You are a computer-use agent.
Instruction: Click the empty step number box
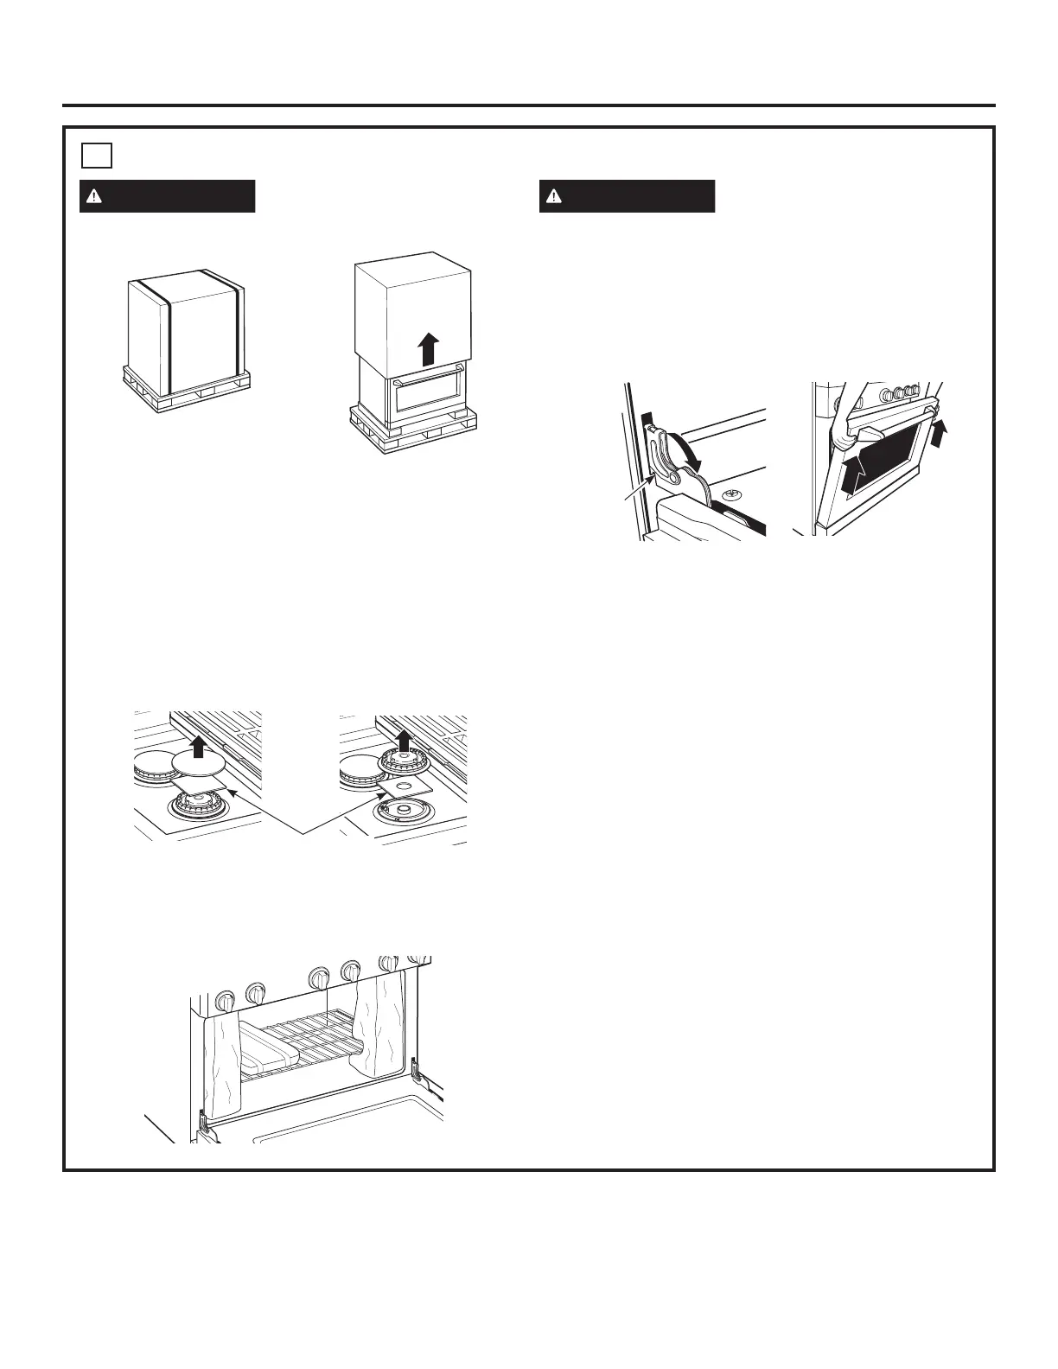[x=97, y=155]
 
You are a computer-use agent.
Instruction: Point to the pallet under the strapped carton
[x=186, y=392]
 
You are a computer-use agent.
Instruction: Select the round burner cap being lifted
[x=199, y=762]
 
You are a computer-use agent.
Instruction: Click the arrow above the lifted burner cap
[x=199, y=744]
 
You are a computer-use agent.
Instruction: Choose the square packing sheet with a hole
[x=406, y=785]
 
